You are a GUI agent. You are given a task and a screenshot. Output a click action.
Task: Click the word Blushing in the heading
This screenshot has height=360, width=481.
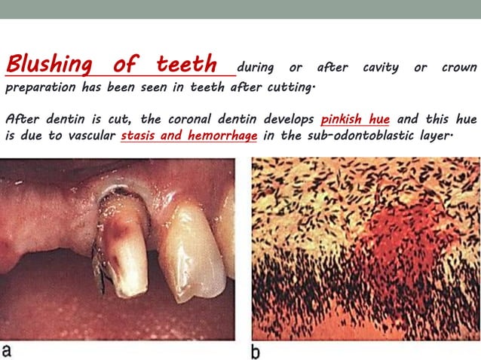pos(51,64)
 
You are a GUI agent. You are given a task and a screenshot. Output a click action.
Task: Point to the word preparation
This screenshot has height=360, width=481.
pos(40,87)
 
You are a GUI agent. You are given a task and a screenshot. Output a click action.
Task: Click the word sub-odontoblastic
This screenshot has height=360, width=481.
pos(366,136)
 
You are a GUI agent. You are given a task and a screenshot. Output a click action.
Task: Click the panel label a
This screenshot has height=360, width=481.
pos(8,350)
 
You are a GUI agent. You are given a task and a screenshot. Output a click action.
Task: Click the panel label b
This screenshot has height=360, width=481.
pos(257,349)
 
